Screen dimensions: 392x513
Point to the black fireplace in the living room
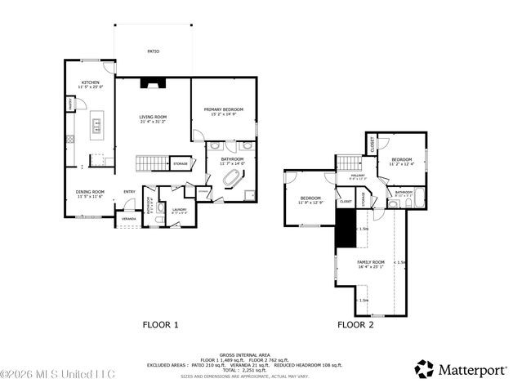click(152, 82)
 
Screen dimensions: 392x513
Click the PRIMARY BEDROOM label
click(224, 111)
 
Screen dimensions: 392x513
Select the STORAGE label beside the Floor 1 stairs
click(181, 163)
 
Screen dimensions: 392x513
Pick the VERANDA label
click(129, 220)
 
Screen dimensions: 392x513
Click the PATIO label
click(153, 51)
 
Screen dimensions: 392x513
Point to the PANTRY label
click(70, 104)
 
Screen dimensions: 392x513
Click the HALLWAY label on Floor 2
click(358, 176)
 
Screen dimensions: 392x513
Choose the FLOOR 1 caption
click(161, 325)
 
